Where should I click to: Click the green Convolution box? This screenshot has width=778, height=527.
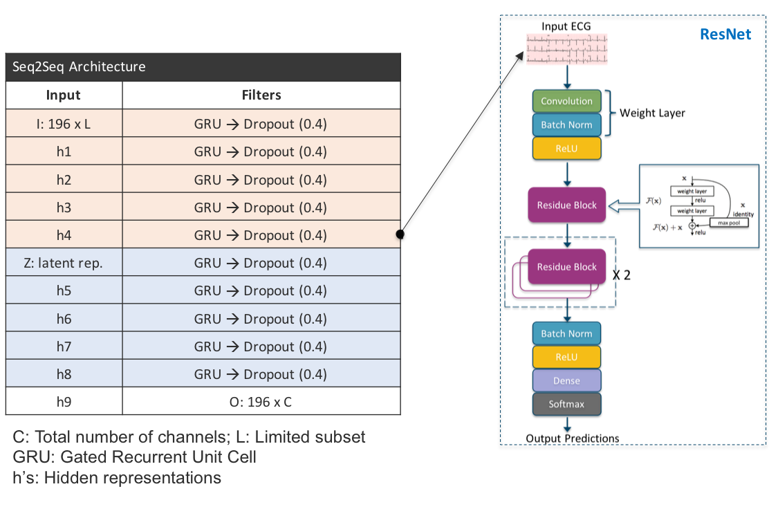(566, 101)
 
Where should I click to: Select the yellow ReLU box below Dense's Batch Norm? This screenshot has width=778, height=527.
(566, 357)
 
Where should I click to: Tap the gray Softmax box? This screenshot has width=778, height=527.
(566, 404)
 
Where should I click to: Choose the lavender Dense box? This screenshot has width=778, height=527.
(566, 380)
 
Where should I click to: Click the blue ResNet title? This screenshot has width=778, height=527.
(725, 35)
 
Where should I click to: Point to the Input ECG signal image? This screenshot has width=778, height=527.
(566, 48)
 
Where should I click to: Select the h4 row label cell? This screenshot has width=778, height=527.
(64, 234)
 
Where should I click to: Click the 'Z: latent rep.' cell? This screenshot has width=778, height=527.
(64, 263)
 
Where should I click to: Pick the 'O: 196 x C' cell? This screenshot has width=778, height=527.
(261, 401)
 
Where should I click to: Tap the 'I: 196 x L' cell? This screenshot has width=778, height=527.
(64, 124)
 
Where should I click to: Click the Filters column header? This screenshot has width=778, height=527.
(261, 95)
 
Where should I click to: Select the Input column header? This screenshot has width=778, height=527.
(64, 95)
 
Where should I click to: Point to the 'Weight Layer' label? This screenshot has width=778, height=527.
(652, 113)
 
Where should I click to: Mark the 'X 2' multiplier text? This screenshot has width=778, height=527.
(621, 275)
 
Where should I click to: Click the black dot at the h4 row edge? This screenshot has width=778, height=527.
(400, 234)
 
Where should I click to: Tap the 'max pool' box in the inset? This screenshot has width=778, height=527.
(729, 223)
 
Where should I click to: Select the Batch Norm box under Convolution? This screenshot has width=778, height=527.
(566, 124)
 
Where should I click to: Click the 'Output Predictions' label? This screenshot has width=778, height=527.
(572, 438)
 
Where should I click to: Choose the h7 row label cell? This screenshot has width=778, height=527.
(64, 346)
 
